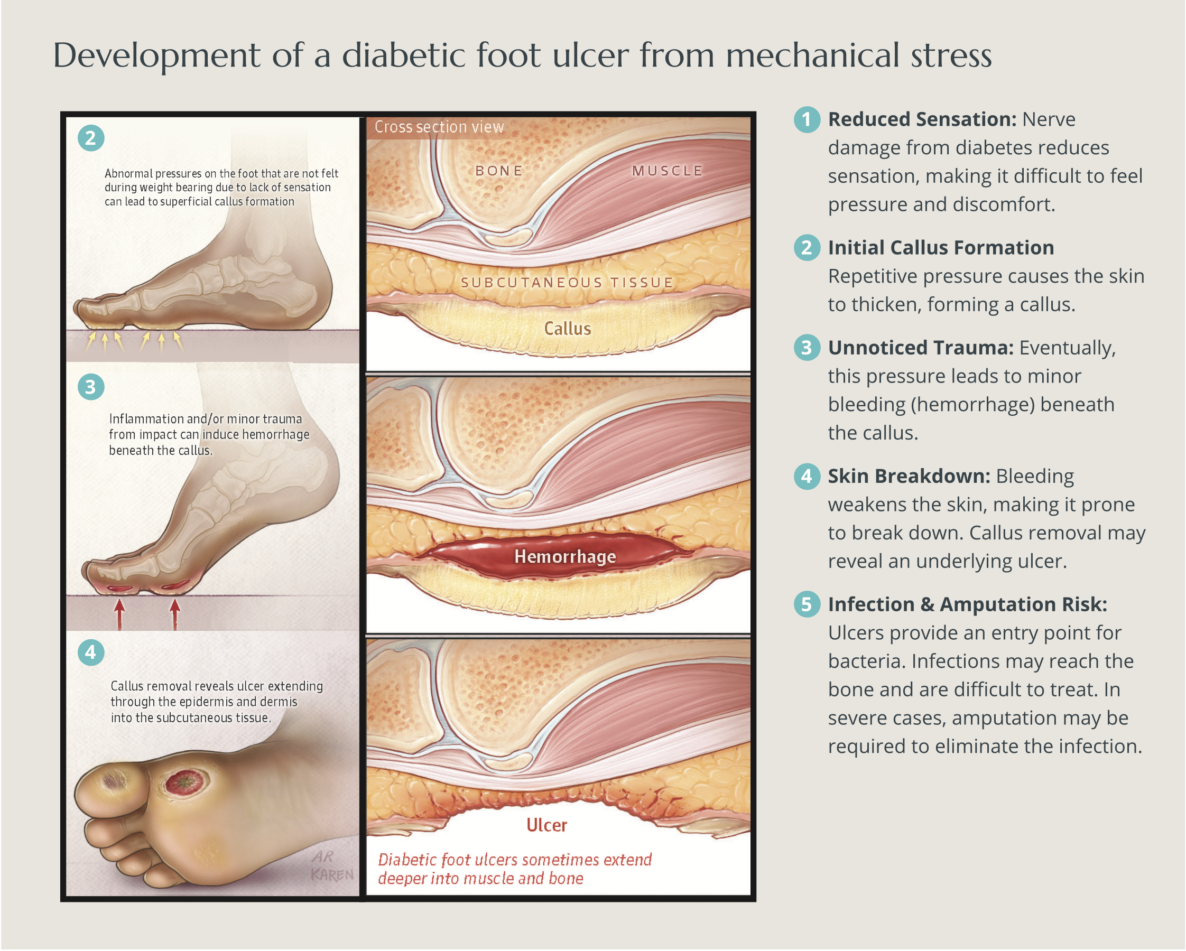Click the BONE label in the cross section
(499, 171)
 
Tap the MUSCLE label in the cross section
(668, 171)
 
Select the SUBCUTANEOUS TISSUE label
(567, 283)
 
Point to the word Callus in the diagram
(567, 329)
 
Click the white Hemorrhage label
(565, 557)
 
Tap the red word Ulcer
(546, 825)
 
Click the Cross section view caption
(439, 127)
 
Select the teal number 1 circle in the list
(807, 119)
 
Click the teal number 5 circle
(807, 604)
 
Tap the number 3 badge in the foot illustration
(91, 387)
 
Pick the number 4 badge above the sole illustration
(91, 652)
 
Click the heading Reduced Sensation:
(922, 119)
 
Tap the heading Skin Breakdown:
(909, 477)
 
